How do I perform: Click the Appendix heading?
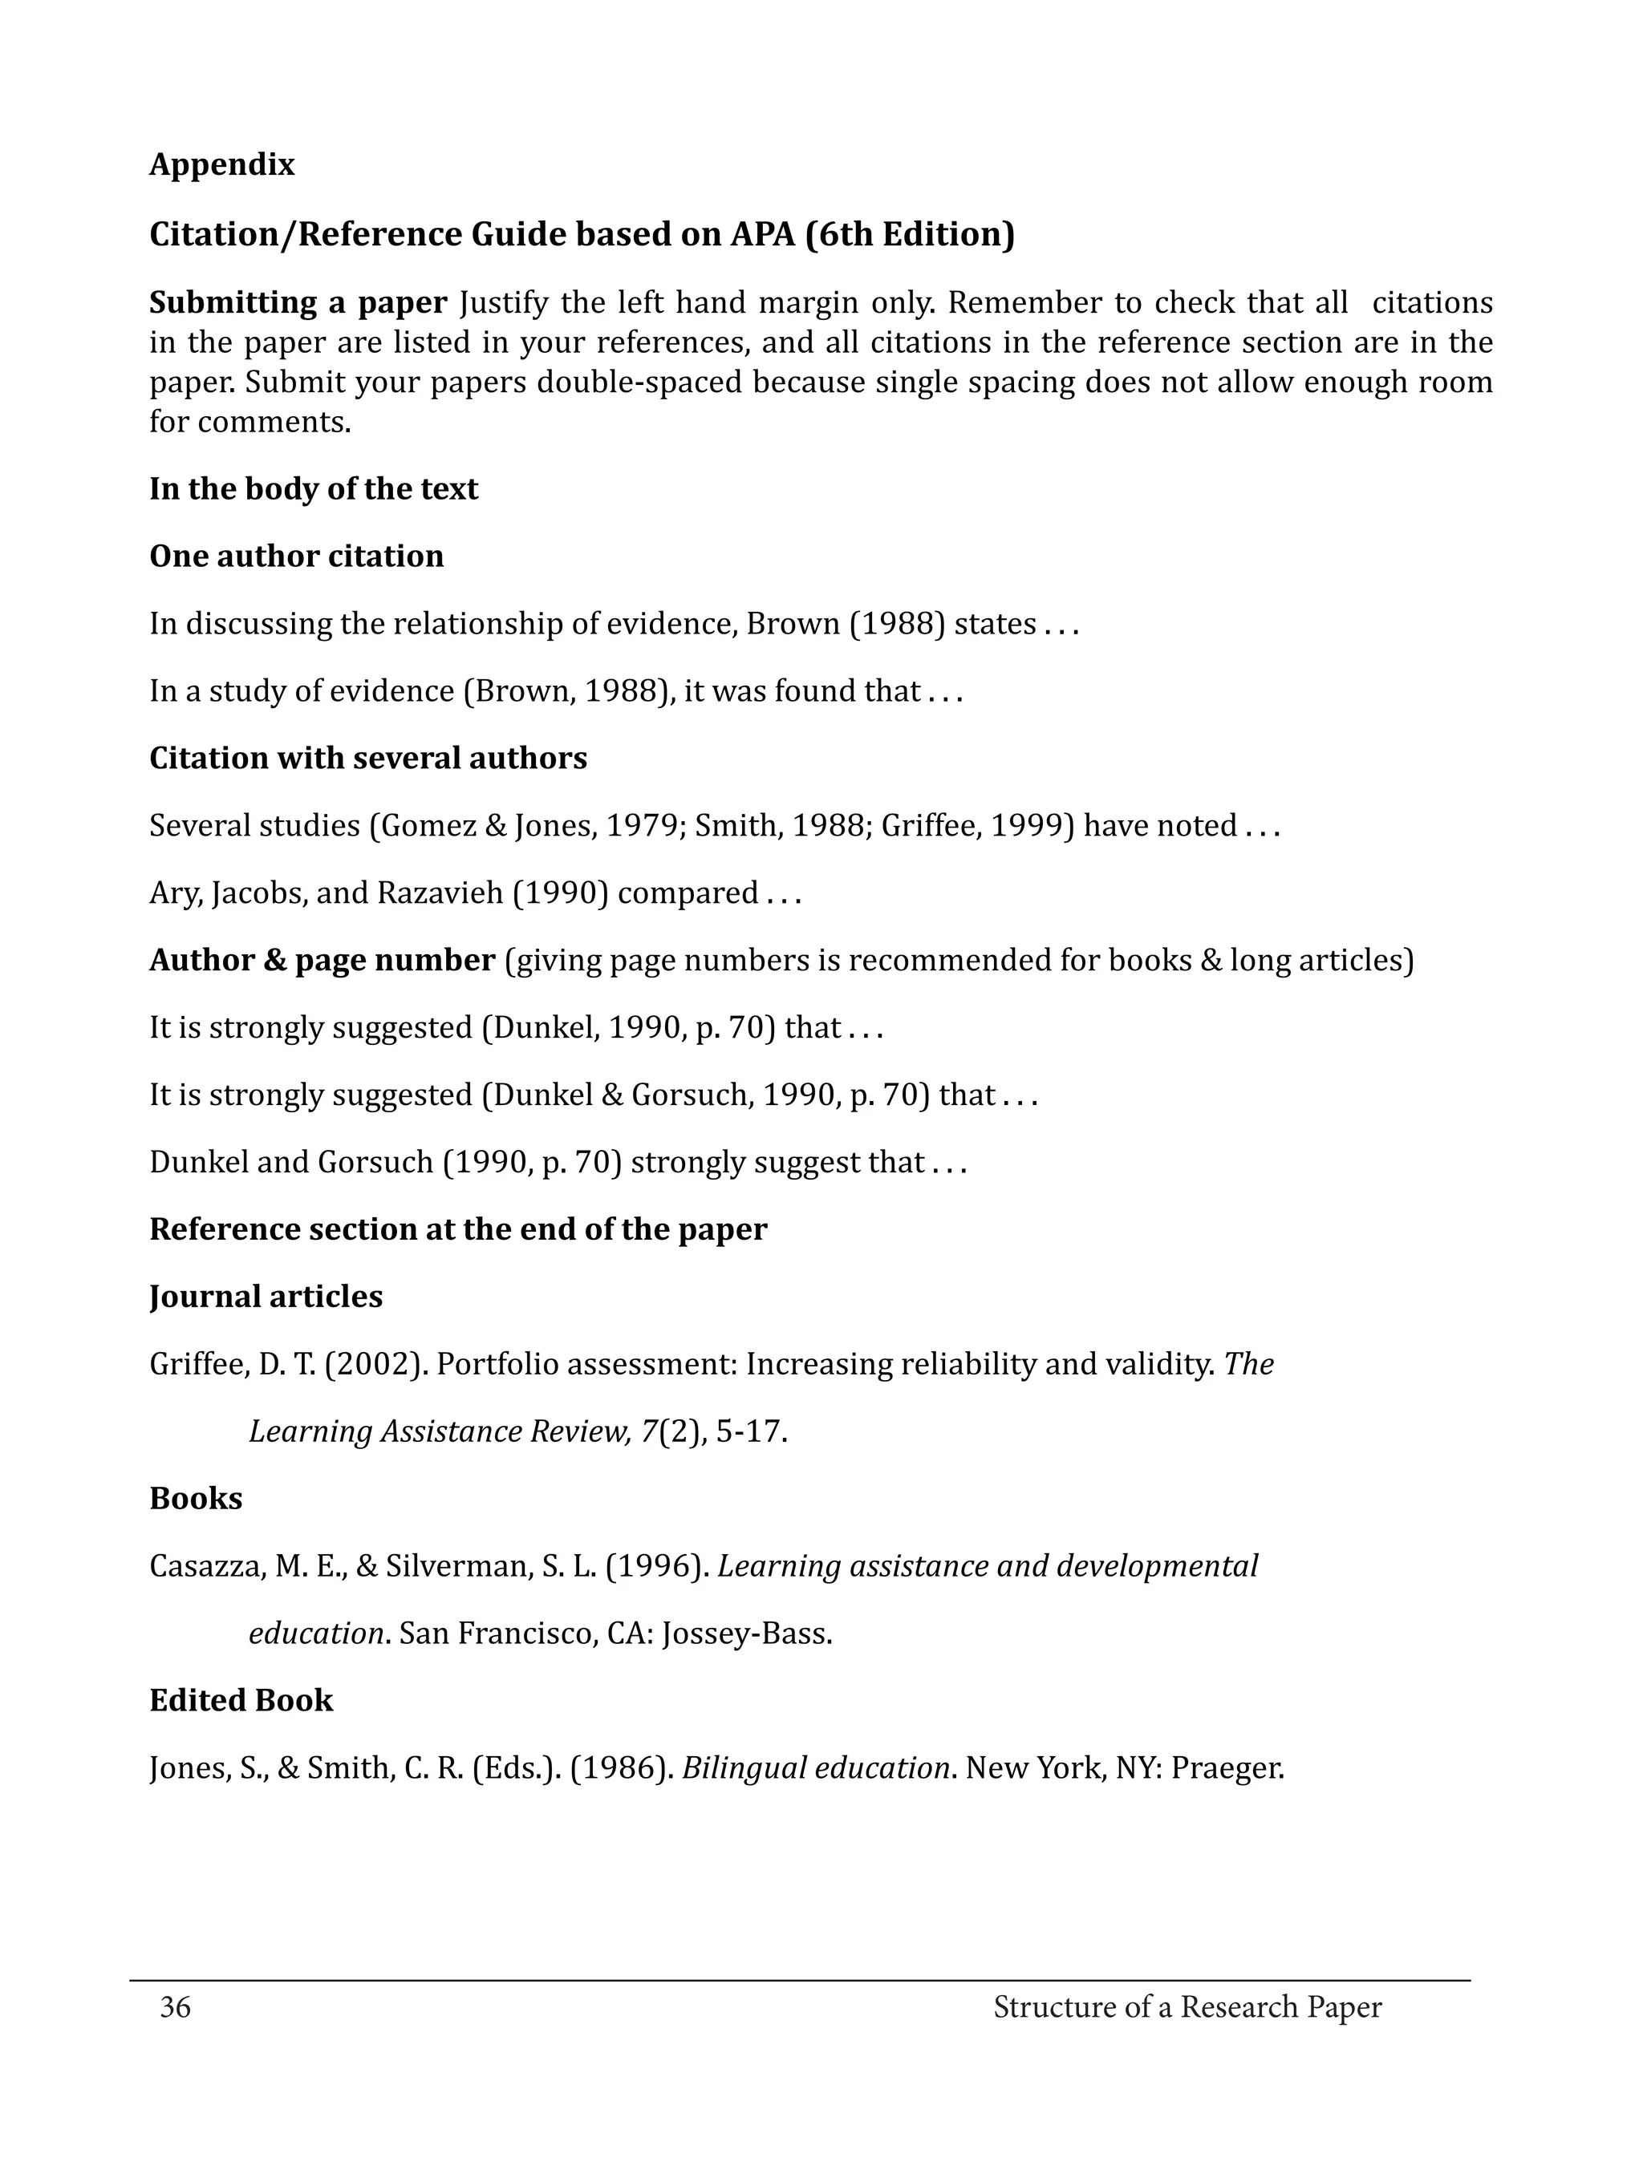point(222,164)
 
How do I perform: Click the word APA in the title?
point(763,235)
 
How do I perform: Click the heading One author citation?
point(296,557)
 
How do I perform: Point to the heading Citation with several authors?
point(368,758)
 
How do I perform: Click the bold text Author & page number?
point(322,960)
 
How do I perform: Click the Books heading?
point(196,1499)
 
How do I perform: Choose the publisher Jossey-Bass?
point(747,1633)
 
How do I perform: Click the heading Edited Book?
point(241,1701)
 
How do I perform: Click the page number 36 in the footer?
point(176,2006)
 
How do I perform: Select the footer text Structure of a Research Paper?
point(1187,2006)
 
